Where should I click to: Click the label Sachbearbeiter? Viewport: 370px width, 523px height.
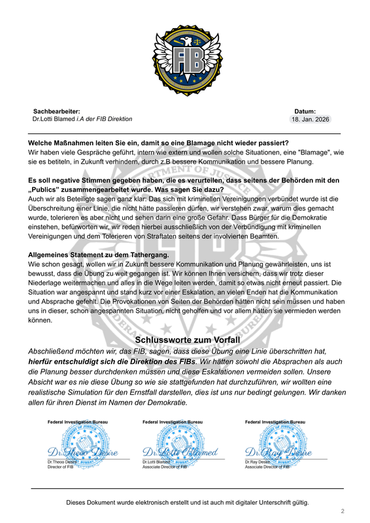pyautogui.click(x=56, y=112)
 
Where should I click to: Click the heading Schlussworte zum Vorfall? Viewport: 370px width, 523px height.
pyautogui.click(x=188, y=340)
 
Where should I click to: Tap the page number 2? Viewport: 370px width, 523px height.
pyautogui.click(x=342, y=511)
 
